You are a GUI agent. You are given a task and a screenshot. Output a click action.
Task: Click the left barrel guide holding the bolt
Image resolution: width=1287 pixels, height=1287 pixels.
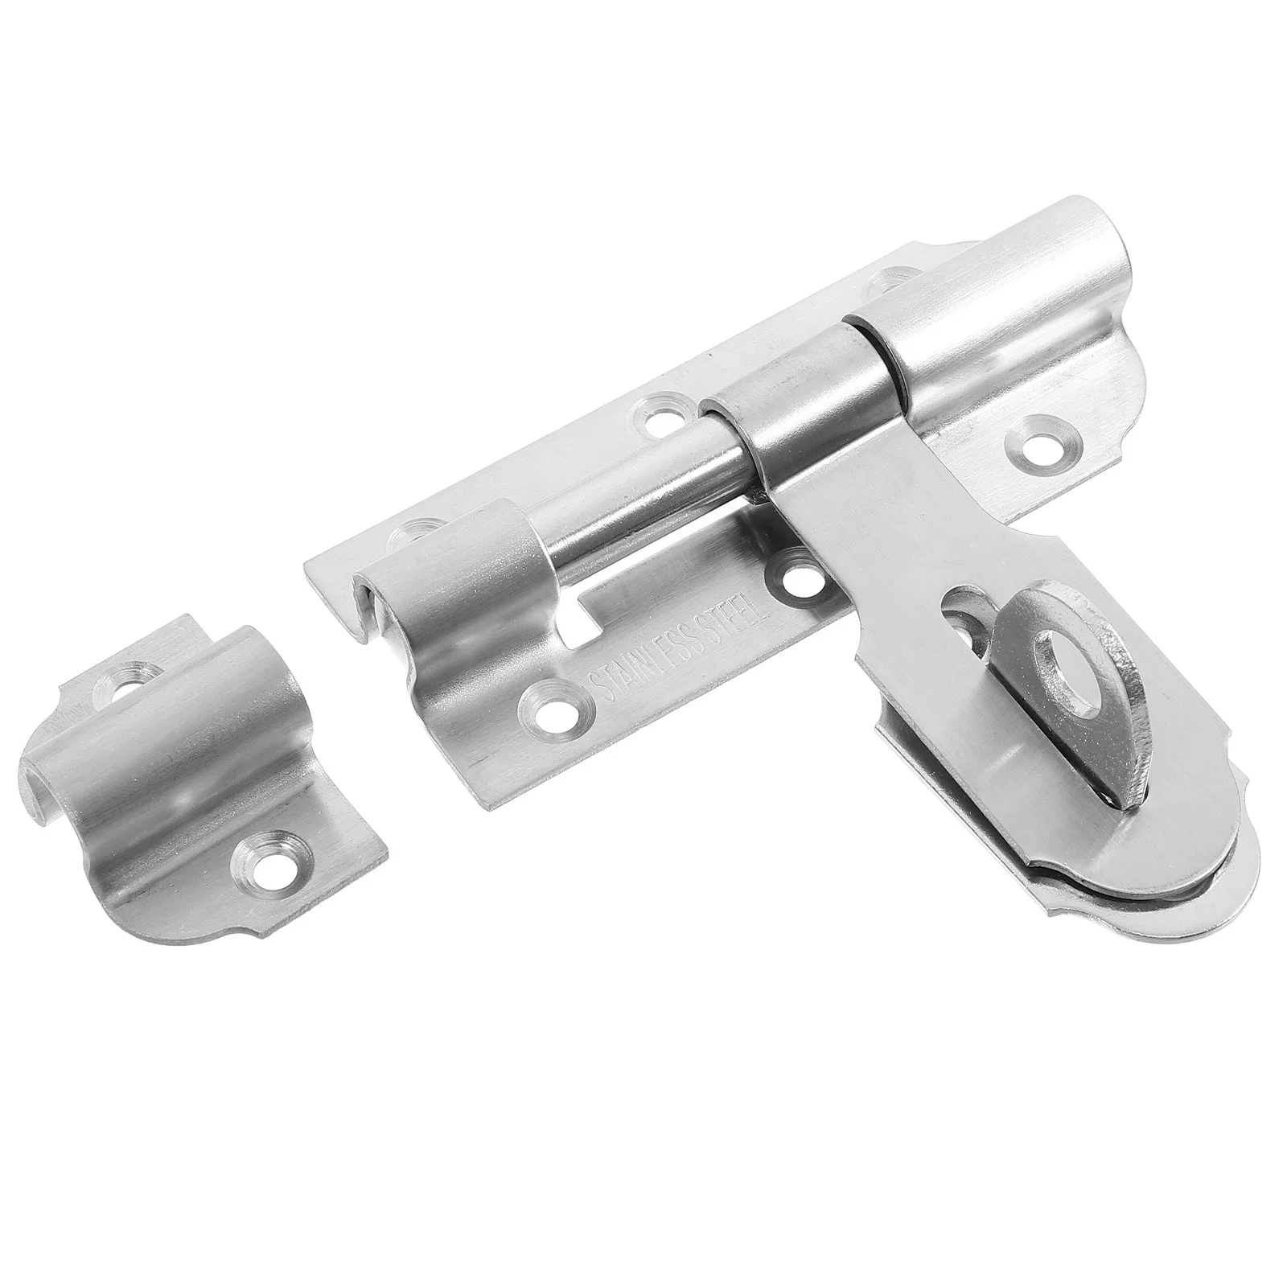point(450,611)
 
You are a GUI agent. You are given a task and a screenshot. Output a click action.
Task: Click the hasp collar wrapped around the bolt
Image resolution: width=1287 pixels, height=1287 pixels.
point(812,402)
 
